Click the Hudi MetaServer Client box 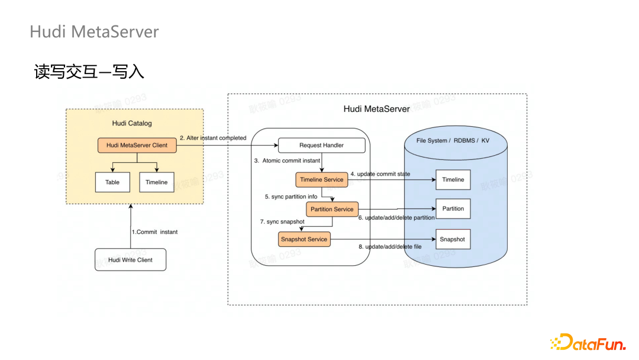137,145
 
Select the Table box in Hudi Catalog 112,182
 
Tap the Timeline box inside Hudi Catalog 157,182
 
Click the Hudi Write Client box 130,260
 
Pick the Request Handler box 321,145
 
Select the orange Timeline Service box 321,179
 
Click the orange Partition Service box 332,209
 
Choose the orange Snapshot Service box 304,239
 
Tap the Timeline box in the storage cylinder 453,179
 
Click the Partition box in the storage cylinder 453,208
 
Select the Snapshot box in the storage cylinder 453,239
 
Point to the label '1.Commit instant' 154,232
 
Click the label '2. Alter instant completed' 212,138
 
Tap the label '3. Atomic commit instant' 287,160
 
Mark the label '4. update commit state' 380,174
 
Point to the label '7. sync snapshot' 282,221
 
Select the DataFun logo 588,342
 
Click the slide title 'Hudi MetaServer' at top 94,31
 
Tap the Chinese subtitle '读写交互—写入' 89,72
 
